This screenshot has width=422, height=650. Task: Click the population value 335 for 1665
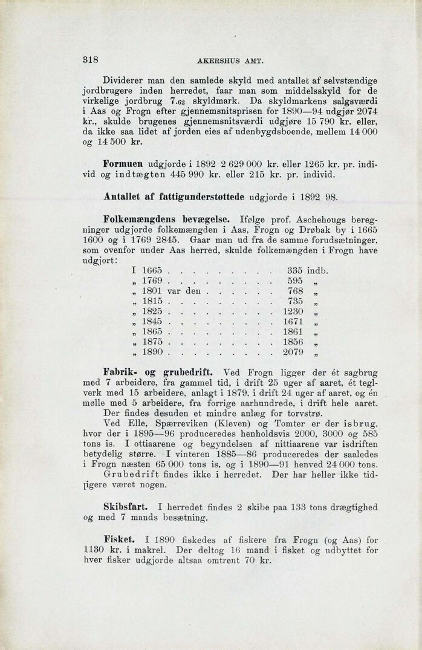294,270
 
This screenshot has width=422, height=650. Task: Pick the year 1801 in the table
152,291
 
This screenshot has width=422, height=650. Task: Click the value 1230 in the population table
293,311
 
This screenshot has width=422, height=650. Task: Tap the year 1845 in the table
152,322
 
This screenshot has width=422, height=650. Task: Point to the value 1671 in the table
293,322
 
